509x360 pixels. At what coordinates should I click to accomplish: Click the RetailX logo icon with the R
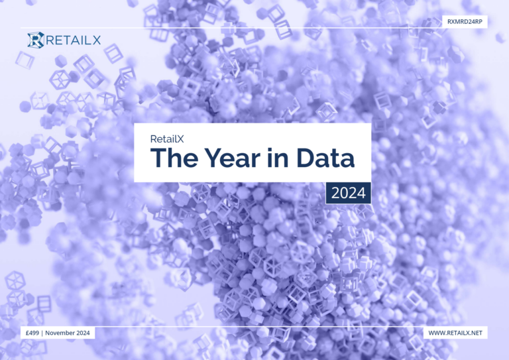click(36, 40)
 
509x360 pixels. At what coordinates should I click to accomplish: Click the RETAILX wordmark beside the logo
click(74, 40)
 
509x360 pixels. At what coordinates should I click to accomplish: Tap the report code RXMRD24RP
click(465, 22)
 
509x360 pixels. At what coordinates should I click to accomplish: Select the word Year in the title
click(233, 158)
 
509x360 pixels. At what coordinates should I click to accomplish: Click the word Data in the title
click(325, 158)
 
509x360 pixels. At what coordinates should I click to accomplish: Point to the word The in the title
click(174, 158)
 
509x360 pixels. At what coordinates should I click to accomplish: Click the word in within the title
click(278, 158)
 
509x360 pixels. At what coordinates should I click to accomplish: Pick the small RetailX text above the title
click(167, 139)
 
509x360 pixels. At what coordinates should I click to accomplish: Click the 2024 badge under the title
click(349, 193)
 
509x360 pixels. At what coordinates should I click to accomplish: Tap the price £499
click(32, 333)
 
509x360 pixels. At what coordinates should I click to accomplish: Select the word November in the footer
click(60, 333)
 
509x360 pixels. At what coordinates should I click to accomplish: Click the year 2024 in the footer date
click(84, 333)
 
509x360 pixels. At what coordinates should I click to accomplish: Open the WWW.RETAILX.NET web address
click(455, 333)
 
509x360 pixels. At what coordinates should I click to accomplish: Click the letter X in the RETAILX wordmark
click(96, 40)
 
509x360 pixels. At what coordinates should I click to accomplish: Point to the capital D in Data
click(306, 158)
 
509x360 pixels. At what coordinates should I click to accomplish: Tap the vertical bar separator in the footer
click(42, 333)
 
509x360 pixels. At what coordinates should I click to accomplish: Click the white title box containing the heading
click(253, 152)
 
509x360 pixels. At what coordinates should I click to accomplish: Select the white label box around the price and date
click(58, 333)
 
